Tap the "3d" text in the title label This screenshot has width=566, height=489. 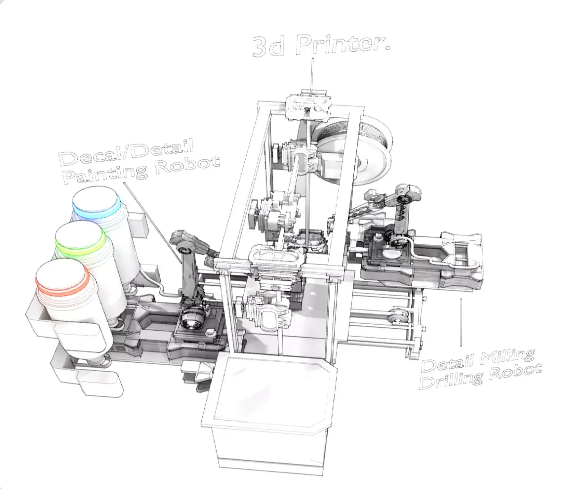pos(269,47)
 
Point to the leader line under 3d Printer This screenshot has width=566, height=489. pos(311,73)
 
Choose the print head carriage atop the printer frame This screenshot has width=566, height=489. pos(309,104)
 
